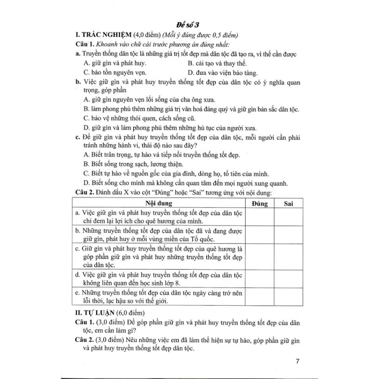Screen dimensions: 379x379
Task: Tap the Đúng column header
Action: pyautogui.click(x=259, y=203)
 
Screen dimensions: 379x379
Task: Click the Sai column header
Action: pyautogui.click(x=289, y=203)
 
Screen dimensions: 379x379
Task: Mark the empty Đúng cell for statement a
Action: pyautogui.click(x=259, y=217)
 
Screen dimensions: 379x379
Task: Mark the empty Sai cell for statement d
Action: pyautogui.click(x=289, y=278)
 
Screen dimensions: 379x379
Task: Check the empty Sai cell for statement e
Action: pyautogui.click(x=289, y=297)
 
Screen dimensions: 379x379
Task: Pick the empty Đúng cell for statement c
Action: pyautogui.click(x=259, y=256)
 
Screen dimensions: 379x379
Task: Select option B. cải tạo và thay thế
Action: pyautogui.click(x=217, y=63)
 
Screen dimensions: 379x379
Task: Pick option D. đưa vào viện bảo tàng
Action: pyautogui.click(x=222, y=72)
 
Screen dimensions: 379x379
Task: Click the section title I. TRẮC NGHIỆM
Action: pyautogui.click(x=103, y=35)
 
